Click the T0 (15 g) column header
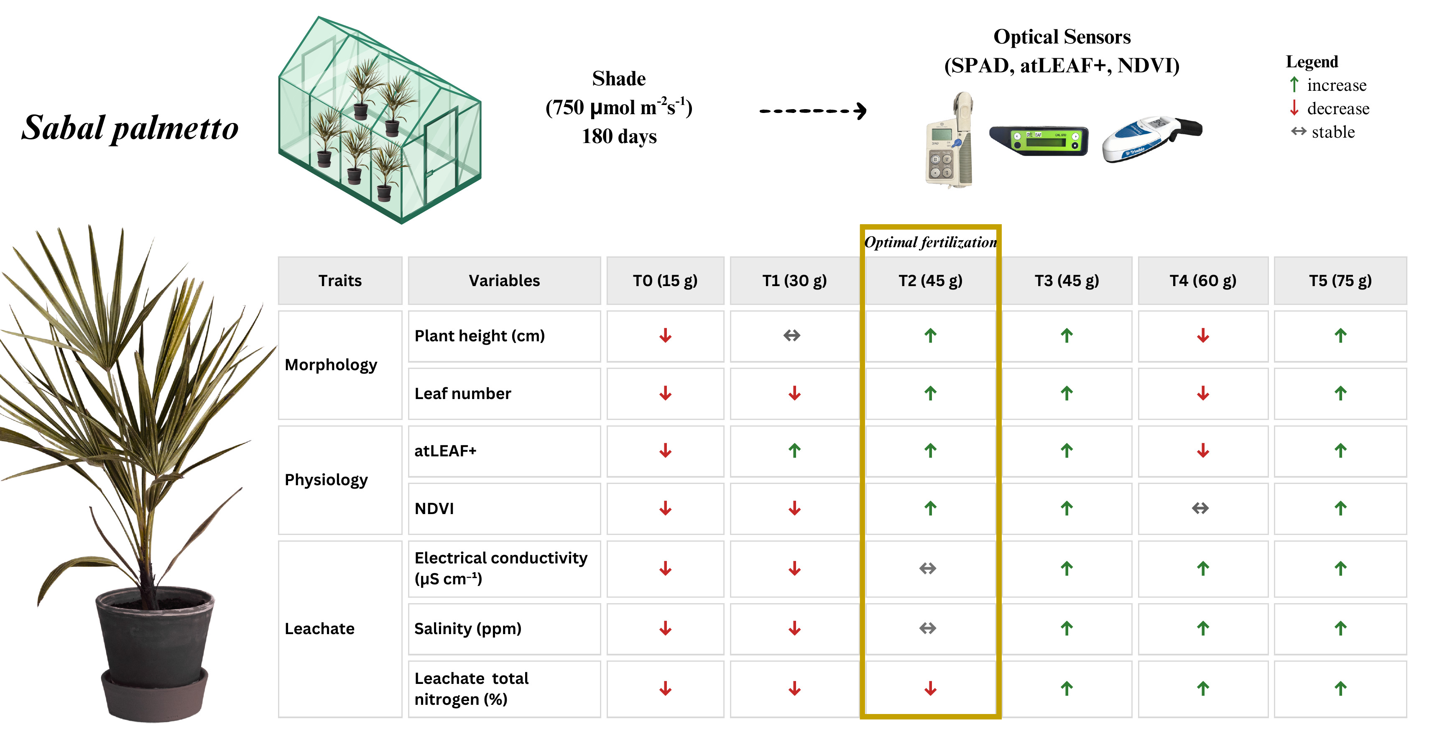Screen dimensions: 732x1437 coord(665,281)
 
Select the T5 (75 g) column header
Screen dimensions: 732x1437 coord(1340,281)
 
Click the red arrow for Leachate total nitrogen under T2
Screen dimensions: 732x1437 coord(930,688)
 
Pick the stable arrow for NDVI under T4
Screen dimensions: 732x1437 coord(1200,508)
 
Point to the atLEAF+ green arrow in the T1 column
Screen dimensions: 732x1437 coord(794,450)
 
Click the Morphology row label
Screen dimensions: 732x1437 coord(331,365)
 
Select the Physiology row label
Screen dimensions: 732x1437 coord(327,480)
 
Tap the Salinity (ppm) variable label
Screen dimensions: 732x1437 coord(467,629)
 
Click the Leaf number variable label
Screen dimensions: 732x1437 coord(462,393)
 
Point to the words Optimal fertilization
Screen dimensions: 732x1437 coord(930,242)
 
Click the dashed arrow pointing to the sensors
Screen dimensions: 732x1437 coord(813,111)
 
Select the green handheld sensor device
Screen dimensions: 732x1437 coord(1039,141)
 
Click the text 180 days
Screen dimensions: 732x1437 coord(619,137)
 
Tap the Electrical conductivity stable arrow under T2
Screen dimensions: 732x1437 coord(927,568)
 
